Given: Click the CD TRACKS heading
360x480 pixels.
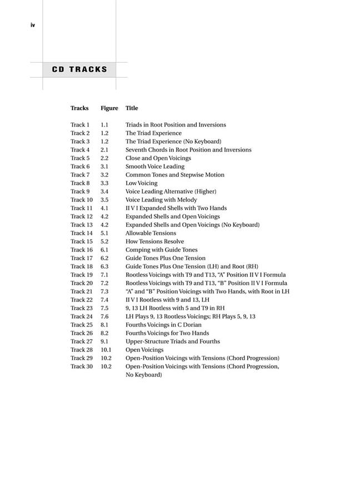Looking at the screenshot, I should (x=79, y=70).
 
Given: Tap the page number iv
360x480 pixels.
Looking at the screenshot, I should (x=33, y=25).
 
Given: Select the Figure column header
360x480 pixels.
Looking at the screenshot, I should (x=109, y=108).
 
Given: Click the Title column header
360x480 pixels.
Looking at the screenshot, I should (x=132, y=108).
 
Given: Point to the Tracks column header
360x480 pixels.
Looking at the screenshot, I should (x=79, y=108).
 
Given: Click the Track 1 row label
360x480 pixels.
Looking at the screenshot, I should (x=80, y=125).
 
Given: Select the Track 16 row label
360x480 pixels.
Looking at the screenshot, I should (x=82, y=250).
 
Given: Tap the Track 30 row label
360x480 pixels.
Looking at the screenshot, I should (x=82, y=367).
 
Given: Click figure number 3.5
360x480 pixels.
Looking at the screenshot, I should (x=104, y=200).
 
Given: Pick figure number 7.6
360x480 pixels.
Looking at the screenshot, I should (x=104, y=317).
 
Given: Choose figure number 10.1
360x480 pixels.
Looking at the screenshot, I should (x=106, y=350).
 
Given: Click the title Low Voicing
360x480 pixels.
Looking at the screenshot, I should (x=141, y=183).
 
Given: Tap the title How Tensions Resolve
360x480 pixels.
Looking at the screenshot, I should (x=154, y=242).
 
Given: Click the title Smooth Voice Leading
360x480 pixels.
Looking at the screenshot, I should (x=154, y=167).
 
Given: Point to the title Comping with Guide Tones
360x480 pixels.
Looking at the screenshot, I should (x=161, y=250).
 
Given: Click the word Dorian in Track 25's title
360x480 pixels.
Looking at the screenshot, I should (x=192, y=325).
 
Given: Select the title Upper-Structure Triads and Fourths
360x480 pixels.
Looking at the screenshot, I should (x=172, y=342).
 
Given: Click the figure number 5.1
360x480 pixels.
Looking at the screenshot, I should (x=104, y=233).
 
